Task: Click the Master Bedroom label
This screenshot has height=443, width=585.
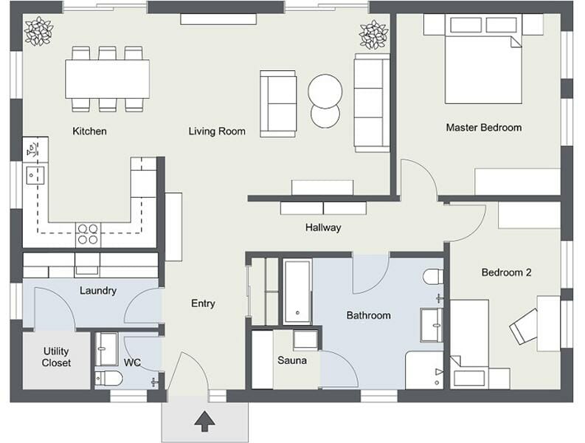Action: pos(483,128)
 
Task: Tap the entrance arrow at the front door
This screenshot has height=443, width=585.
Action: pos(204,422)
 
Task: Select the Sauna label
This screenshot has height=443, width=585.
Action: pos(292,360)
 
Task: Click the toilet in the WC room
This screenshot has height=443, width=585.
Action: pos(110,379)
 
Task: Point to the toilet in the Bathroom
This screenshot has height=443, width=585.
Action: pos(433,277)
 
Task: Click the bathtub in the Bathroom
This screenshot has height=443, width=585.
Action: pos(298,292)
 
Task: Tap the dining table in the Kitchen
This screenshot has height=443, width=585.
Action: pos(107,78)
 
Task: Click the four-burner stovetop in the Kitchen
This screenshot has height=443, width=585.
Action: pos(88,234)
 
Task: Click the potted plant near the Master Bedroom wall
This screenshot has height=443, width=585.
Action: pos(373,34)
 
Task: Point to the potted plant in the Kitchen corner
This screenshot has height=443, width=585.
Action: pos(38,31)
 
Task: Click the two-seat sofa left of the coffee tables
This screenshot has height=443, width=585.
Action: pos(277,103)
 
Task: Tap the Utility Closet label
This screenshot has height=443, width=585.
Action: pos(57,357)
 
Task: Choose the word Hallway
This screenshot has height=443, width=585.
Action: pos(323,227)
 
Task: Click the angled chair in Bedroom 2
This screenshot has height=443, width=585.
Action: pos(525,325)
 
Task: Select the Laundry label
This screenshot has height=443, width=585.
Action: pos(98,290)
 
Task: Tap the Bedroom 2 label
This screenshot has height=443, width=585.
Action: pos(506,272)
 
